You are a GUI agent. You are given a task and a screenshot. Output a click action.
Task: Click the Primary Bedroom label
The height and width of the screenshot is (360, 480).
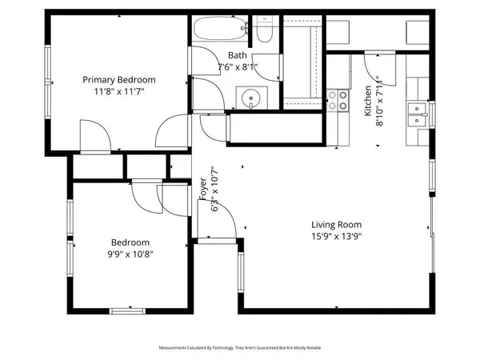point(120,80)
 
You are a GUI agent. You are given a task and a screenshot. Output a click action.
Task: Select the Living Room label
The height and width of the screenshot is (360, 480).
point(337,225)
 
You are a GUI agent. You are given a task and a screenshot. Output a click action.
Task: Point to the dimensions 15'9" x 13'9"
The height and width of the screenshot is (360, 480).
point(337,237)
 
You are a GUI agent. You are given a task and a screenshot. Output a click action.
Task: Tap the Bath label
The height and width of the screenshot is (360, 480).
point(237,55)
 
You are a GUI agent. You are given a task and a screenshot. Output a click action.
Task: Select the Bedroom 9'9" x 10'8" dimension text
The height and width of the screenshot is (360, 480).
point(131,254)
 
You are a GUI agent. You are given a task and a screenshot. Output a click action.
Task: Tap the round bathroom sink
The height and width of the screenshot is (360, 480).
point(251,98)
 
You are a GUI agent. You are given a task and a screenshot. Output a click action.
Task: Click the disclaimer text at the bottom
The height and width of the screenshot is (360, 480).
point(240,348)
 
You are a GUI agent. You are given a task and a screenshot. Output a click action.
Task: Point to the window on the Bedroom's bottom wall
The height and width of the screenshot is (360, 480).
point(126,310)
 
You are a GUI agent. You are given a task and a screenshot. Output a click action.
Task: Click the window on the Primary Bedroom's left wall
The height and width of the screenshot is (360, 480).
point(48,67)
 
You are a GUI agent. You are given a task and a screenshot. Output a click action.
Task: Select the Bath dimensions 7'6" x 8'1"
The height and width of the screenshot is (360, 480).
point(237,67)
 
